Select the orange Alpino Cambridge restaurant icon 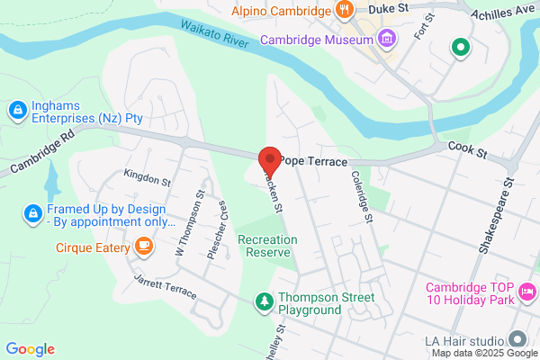pos(343,11)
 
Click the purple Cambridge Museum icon pos(387,40)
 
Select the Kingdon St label pos(148,180)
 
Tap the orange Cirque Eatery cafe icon pos(143,245)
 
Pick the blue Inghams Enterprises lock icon pos(15,110)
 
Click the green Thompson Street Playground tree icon pos(264,301)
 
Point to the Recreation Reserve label pos(265,246)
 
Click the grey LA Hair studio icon pos(517,339)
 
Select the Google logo pos(30,349)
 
